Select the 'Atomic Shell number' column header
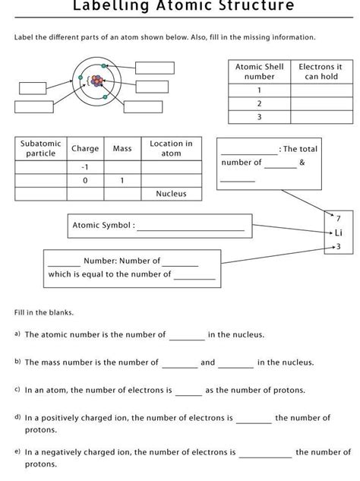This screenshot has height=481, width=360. pos(259,71)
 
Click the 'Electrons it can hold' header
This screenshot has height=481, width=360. pos(320,71)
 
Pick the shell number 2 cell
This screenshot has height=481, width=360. pos(259,103)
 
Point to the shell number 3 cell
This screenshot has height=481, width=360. pos(259,117)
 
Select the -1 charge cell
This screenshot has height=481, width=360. pos(85,166)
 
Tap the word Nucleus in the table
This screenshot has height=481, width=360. pos(171,194)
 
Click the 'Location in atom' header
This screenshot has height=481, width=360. pos(171,148)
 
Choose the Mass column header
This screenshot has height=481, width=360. pos(122,148)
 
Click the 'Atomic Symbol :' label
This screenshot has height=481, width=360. pos(103,225)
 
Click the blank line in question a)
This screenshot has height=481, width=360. pos(187,336)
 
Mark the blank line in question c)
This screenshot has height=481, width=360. pos(188,391)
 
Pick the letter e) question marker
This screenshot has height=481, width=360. pos(17,451)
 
